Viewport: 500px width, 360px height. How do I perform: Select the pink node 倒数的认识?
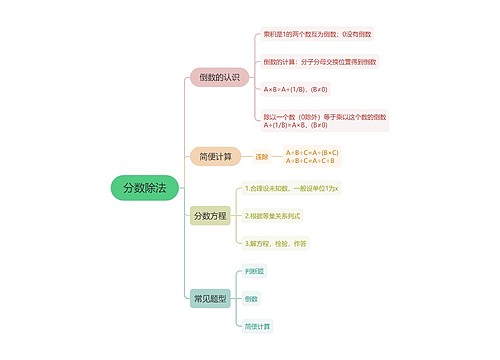tap(219, 77)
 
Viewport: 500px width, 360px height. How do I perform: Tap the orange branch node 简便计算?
tap(215, 156)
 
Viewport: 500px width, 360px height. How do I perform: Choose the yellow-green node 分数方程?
tap(209, 215)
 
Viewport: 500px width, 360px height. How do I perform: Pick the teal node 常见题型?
tap(209, 298)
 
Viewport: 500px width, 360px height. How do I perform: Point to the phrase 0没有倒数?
tap(357, 36)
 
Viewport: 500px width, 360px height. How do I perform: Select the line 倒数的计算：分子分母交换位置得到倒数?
tap(320, 62)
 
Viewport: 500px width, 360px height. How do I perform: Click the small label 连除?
tap(262, 157)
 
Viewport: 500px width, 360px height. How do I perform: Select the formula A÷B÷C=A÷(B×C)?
tap(312, 152)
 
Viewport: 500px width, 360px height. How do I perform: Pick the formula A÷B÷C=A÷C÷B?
tap(309, 161)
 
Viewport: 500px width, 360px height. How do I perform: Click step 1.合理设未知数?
tap(292, 188)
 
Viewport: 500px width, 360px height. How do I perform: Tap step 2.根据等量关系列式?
tap(273, 215)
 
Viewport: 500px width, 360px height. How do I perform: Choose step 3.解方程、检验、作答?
tap(276, 242)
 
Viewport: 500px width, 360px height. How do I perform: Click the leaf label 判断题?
tap(254, 270)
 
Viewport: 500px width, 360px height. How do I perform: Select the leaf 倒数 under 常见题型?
tap(251, 298)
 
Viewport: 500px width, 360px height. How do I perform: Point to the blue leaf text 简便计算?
tap(257, 326)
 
